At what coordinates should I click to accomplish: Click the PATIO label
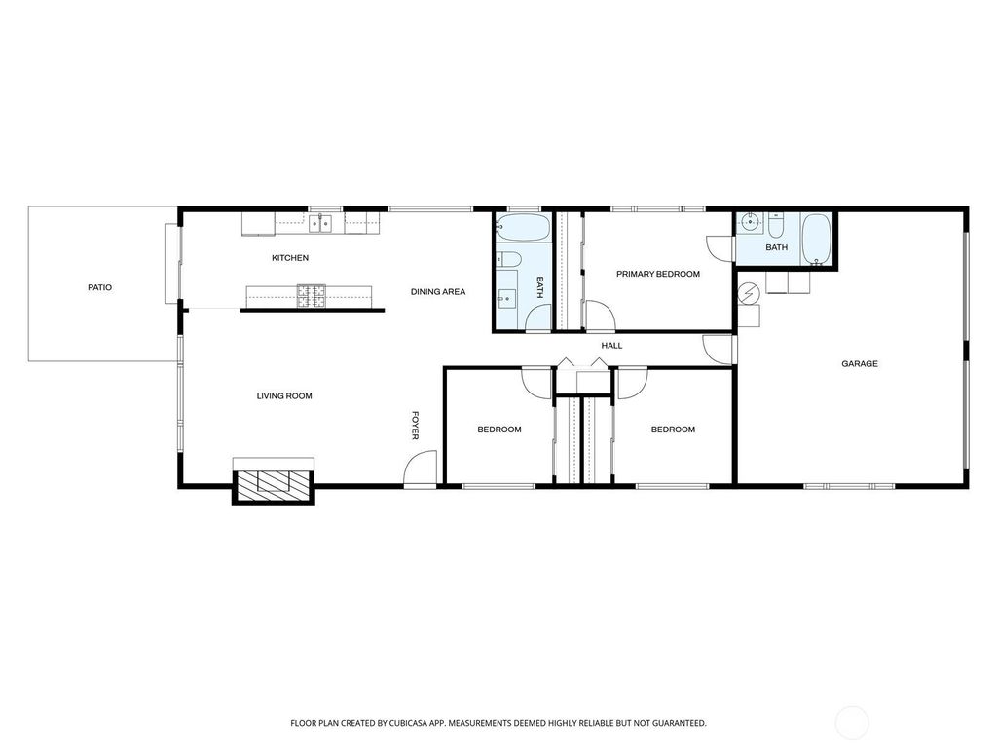point(100,287)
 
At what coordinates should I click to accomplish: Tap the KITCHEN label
point(290,257)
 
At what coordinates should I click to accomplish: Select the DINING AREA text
point(438,292)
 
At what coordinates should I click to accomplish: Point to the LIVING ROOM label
point(284,396)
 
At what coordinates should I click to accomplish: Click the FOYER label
point(415,426)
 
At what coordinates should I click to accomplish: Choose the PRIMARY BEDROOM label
point(658,274)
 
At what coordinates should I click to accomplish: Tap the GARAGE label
point(860,364)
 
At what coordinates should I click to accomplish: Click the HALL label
point(611,346)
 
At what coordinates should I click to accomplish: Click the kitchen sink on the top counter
point(319,224)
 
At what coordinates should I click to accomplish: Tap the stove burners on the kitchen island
point(311,296)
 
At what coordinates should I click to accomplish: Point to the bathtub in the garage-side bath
point(816,240)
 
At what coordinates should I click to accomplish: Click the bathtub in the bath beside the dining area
point(523,228)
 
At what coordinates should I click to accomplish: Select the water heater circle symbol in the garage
point(749,294)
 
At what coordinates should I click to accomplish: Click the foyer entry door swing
point(421,468)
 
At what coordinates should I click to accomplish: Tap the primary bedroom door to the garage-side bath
point(720,248)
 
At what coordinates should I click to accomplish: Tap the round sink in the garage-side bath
point(751,222)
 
